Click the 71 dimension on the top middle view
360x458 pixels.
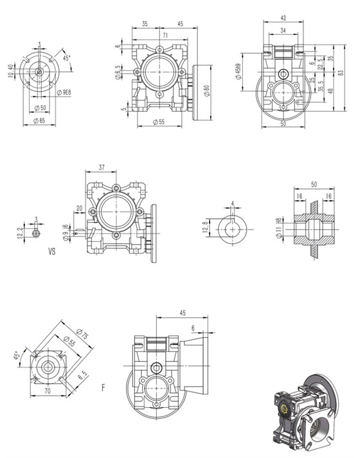(165, 36)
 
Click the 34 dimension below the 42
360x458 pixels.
(283, 31)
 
